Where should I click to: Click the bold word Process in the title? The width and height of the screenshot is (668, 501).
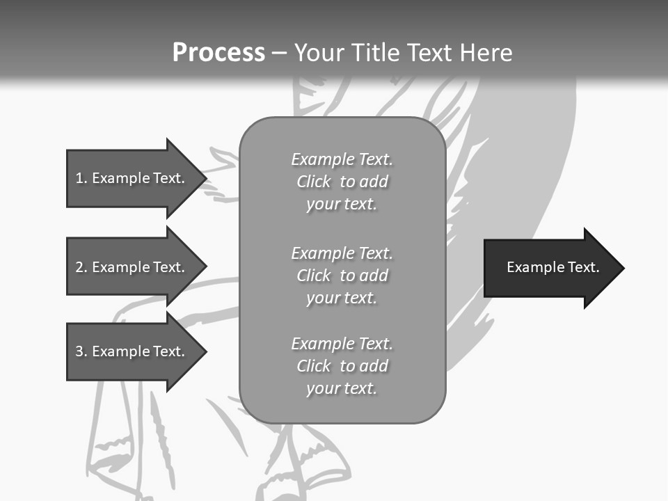pyautogui.click(x=218, y=53)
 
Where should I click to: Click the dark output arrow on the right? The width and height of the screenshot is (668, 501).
pyautogui.click(x=550, y=268)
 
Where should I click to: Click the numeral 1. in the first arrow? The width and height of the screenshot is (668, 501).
pyautogui.click(x=81, y=178)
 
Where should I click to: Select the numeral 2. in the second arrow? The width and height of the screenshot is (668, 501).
pyautogui.click(x=81, y=267)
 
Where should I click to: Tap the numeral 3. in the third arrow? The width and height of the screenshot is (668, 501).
pyautogui.click(x=81, y=351)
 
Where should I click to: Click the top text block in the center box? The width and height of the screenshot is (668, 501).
pyautogui.click(x=342, y=182)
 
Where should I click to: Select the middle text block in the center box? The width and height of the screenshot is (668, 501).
pyautogui.click(x=342, y=276)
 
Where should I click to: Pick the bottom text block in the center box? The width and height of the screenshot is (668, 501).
pyautogui.click(x=342, y=366)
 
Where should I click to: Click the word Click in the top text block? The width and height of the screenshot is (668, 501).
pyautogui.click(x=313, y=182)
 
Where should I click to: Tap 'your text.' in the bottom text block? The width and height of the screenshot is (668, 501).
pyautogui.click(x=342, y=388)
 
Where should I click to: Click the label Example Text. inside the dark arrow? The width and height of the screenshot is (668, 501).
pyautogui.click(x=552, y=267)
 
